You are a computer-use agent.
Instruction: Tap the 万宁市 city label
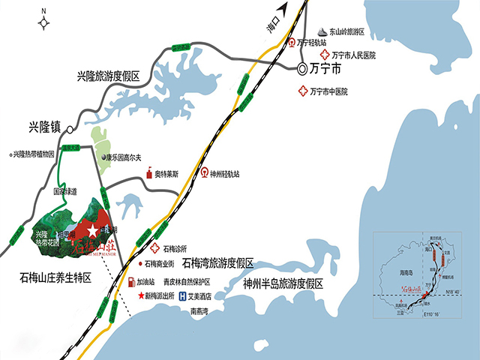[x=326, y=69]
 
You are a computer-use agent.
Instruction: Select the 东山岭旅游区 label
[x=346, y=32]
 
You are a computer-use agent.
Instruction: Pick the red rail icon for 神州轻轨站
[x=204, y=173]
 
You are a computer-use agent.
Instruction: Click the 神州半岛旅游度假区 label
[x=283, y=283]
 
